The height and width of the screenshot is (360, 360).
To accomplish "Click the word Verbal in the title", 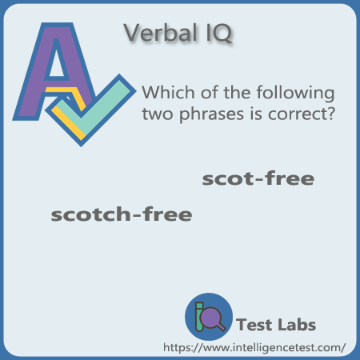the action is (x=160, y=33).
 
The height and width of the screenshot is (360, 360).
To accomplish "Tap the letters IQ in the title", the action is (x=219, y=33).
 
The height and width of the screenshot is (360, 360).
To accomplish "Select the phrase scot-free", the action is (x=258, y=178).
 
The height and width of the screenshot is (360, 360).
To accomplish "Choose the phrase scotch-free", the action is (x=122, y=214).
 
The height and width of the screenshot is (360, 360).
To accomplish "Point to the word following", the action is (x=295, y=93).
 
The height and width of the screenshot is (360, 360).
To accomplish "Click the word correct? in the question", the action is (x=302, y=114).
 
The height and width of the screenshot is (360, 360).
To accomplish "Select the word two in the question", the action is (x=158, y=114).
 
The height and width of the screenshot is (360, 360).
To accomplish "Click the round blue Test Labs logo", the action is (x=209, y=317).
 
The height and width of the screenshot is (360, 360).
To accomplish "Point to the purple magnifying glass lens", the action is (x=210, y=316).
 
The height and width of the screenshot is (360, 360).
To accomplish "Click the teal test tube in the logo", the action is (x=199, y=317).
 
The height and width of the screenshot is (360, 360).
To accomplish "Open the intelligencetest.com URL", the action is (x=254, y=347).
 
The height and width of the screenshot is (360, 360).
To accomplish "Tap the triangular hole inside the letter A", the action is (x=57, y=62).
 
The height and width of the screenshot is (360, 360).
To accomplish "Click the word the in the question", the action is (x=237, y=92).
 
